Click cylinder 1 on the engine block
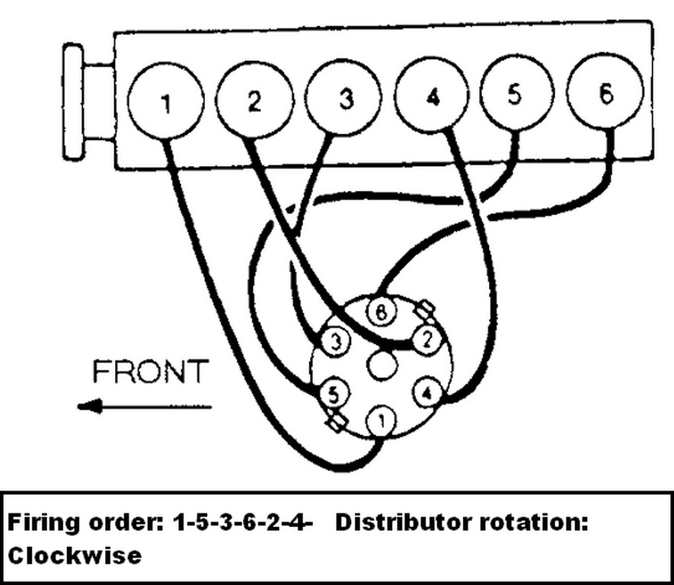pyautogui.click(x=165, y=103)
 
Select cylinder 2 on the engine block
pyautogui.click(x=254, y=100)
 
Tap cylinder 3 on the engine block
pyautogui.click(x=345, y=98)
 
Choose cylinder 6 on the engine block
pyautogui.click(x=605, y=94)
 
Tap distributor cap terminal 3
pyautogui.click(x=335, y=340)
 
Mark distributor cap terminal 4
pyautogui.click(x=427, y=393)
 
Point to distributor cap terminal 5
pyautogui.click(x=332, y=394)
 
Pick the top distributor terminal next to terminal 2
pyautogui.click(x=381, y=311)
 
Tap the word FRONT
pyautogui.click(x=149, y=372)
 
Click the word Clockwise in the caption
pyautogui.click(x=75, y=555)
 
